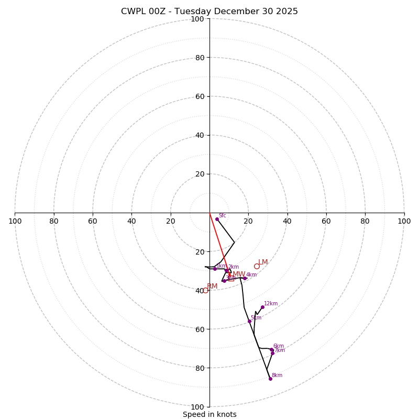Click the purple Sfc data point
(x=217, y=219)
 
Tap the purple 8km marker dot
(x=270, y=379)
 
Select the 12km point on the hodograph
(x=262, y=307)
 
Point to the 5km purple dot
(x=249, y=321)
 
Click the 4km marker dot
(x=245, y=278)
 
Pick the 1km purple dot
(x=215, y=269)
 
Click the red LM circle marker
(x=257, y=266)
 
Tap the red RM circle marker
(x=205, y=290)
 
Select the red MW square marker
(x=231, y=278)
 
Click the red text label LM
(x=263, y=262)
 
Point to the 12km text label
(x=271, y=304)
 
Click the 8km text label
(x=277, y=376)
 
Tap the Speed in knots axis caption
(x=210, y=415)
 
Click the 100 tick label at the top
(x=197, y=19)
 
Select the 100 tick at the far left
(x=15, y=221)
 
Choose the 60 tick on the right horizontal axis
(x=326, y=221)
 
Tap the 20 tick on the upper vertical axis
(x=199, y=174)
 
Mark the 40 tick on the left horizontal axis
(x=131, y=221)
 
